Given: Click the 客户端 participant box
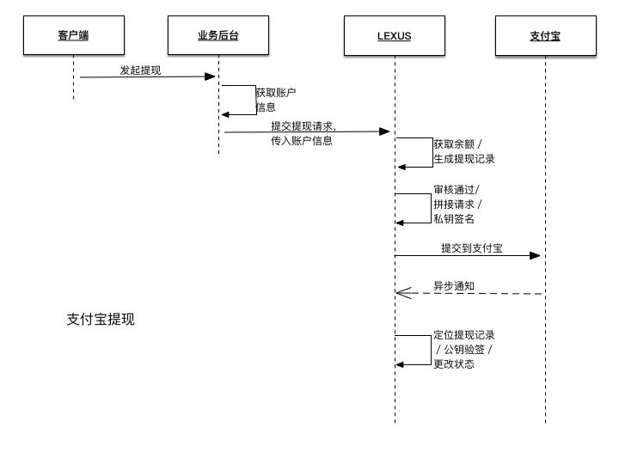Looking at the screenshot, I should pyautogui.click(x=73, y=35).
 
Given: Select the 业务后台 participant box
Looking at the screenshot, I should pyautogui.click(x=218, y=35).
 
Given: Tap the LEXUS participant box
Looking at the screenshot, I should pyautogui.click(x=394, y=35).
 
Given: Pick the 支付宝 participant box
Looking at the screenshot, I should pyautogui.click(x=545, y=35).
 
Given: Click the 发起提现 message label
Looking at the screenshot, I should pyautogui.click(x=139, y=70).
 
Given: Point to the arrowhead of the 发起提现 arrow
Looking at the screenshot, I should pyautogui.click(x=211, y=76).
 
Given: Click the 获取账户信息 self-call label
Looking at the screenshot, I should pyautogui.click(x=275, y=100).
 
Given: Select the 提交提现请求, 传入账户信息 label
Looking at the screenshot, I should pyautogui.click(x=303, y=133).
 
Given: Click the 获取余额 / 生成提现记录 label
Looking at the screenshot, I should pyautogui.click(x=463, y=151).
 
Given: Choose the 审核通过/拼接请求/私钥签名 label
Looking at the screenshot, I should pyautogui.click(x=457, y=204).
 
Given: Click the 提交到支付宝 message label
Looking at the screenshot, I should pyautogui.click(x=472, y=248).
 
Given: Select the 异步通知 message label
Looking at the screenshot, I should pyautogui.click(x=453, y=286).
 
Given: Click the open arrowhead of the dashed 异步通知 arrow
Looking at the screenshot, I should pyautogui.click(x=401, y=294).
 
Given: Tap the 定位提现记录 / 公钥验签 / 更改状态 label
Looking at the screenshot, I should pyautogui.click(x=463, y=349).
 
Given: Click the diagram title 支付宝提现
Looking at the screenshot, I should pyautogui.click(x=101, y=319).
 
